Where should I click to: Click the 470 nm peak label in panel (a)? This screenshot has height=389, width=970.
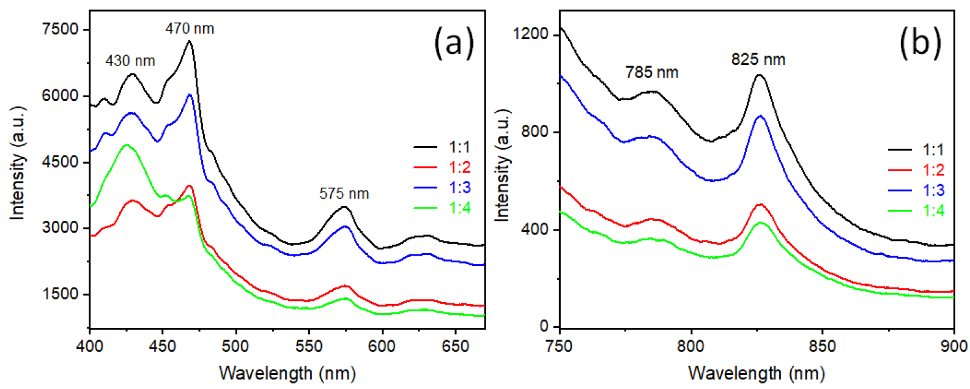[190, 29]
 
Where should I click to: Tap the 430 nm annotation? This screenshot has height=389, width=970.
[130, 61]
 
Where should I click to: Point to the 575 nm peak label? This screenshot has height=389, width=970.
[344, 194]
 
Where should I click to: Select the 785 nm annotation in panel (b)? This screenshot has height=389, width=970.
[651, 72]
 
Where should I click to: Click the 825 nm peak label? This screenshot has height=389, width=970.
[758, 59]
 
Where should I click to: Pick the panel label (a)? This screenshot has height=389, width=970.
[454, 44]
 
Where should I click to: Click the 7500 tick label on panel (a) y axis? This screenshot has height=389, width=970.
[60, 29]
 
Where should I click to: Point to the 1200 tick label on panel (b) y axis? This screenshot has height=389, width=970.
[530, 34]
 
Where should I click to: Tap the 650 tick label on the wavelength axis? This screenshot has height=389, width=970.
[455, 346]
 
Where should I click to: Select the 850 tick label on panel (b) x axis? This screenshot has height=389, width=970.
[822, 346]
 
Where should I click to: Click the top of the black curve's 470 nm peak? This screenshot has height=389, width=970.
[189, 42]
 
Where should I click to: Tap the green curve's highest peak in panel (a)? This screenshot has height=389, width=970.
[127, 145]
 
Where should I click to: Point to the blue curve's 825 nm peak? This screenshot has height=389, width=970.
[760, 116]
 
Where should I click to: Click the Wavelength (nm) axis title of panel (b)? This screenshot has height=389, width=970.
[756, 372]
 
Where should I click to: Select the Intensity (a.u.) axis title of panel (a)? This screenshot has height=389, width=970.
[18, 163]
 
